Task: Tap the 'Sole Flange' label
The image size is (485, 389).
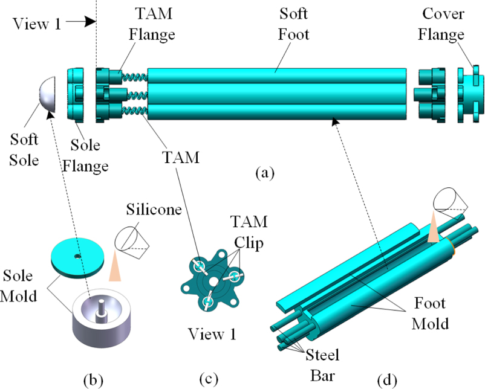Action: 90,156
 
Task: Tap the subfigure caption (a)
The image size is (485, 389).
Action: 264,173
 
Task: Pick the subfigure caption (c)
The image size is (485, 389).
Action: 208,379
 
